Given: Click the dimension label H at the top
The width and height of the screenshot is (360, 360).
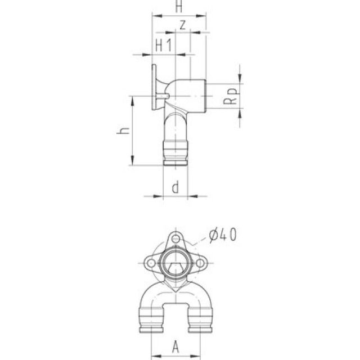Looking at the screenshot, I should tap(179, 7).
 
